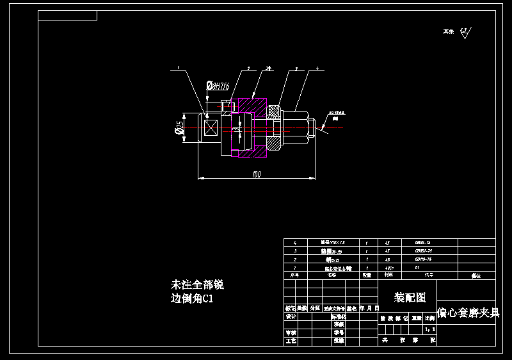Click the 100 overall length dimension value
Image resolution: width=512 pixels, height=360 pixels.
(257, 174)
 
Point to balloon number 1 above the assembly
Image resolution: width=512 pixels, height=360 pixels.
(178, 67)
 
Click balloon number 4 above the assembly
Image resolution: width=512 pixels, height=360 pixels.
(317, 67)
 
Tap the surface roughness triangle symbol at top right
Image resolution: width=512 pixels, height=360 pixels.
(465, 33)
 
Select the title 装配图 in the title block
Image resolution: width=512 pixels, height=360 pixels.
(410, 297)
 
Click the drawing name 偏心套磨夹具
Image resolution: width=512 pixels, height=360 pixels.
(468, 313)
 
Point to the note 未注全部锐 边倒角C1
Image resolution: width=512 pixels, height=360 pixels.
(196, 291)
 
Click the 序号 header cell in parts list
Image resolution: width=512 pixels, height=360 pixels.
(295, 275)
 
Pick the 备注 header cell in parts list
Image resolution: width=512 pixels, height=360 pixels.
(476, 275)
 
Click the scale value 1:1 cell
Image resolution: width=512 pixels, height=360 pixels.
(431, 329)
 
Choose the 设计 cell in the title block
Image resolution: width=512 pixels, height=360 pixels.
(291, 316)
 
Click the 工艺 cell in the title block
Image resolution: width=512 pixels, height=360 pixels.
(291, 341)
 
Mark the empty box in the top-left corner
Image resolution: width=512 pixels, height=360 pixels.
(67, 15)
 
